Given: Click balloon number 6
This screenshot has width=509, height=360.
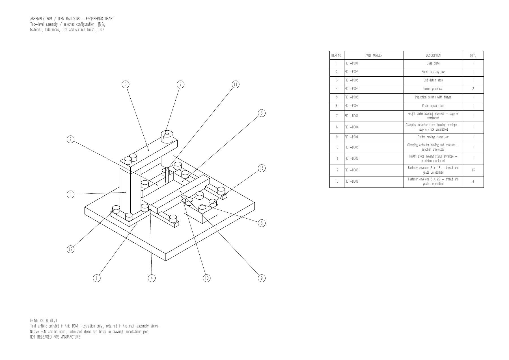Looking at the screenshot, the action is point(126,84).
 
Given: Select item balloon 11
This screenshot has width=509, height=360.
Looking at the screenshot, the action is point(236,84).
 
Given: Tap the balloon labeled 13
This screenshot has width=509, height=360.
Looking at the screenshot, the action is point(262,168).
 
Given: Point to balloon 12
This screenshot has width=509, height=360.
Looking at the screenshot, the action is point(70,249).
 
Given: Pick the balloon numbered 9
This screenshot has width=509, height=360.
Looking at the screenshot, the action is point(262,278).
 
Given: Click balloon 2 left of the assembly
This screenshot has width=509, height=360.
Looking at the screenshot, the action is point(70,139).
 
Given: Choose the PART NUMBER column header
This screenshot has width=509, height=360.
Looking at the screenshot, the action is point(374,55).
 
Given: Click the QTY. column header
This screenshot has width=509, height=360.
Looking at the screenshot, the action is point(473,55).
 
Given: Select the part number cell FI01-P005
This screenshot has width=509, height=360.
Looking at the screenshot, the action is point(351,89).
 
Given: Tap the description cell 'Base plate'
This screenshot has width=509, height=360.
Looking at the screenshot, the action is point(433,63).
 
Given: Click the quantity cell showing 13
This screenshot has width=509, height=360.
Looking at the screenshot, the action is point(473,170).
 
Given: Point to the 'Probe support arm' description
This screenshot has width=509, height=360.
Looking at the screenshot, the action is point(433,106).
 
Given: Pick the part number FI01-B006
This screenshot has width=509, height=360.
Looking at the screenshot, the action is point(351,182).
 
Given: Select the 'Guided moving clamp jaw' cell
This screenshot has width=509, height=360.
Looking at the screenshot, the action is point(433,137).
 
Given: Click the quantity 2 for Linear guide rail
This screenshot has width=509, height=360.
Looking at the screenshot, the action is point(473,89).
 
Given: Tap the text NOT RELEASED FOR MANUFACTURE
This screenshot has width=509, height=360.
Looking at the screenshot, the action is point(55,337).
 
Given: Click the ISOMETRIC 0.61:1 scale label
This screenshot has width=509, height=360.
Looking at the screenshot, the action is point(44,321).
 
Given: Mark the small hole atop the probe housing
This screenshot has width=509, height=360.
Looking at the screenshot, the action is point(167,134).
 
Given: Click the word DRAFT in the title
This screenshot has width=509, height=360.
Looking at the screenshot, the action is point(109,19).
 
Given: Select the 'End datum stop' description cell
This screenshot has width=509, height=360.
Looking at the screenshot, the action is point(433,80).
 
